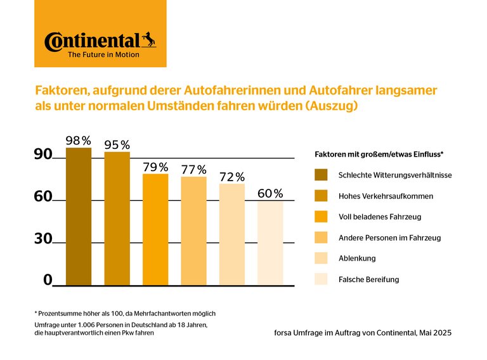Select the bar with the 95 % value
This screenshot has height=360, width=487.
click(117, 219)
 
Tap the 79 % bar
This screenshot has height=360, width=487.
click(155, 229)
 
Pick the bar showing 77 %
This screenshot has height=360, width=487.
click(193, 231)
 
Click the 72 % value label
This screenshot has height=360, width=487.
click(232, 177)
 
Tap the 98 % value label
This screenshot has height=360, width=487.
click(79, 140)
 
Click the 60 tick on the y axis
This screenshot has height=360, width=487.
click(42, 197)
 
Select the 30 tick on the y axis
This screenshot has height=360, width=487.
click(42, 239)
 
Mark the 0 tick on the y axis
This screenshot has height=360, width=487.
click(48, 280)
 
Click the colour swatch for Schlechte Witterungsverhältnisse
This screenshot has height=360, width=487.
click(321, 174)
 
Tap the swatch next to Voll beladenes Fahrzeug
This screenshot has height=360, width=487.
click(321, 217)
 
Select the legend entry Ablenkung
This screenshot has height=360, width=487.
click(357, 258)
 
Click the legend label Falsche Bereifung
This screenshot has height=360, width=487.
click(369, 279)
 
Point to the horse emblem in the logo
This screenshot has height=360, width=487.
click(148, 40)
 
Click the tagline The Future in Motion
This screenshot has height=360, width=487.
click(103, 55)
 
